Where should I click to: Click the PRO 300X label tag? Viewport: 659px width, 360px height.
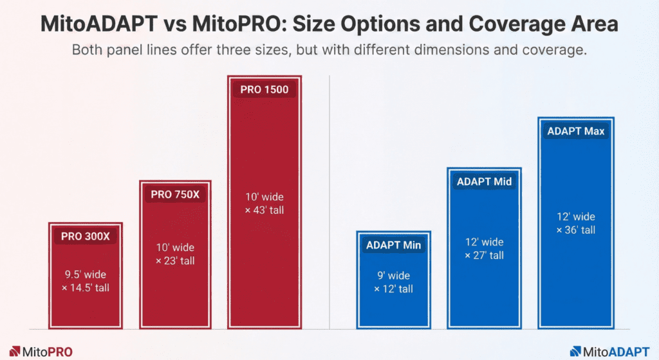(86, 236)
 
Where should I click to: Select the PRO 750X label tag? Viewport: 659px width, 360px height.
(175, 194)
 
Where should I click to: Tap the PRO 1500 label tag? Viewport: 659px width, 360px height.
(265, 90)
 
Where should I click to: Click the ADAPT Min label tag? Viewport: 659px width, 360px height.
(393, 245)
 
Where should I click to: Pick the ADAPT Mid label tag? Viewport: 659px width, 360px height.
(484, 182)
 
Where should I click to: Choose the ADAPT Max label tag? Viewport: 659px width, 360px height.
(575, 131)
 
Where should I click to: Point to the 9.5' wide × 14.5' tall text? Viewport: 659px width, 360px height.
(86, 281)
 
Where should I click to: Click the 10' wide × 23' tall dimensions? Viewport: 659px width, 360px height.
(175, 254)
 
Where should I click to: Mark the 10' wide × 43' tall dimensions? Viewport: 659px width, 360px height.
(265, 204)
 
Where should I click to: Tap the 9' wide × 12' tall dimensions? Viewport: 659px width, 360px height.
(393, 283)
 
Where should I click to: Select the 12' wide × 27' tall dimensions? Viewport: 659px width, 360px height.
(484, 249)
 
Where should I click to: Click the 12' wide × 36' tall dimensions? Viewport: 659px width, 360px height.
(575, 223)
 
